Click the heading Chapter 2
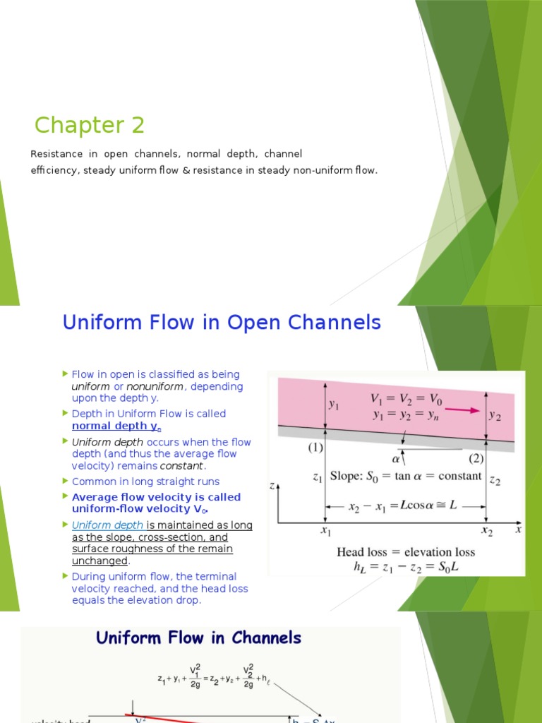tap(90, 125)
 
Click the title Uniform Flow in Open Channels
tap(222, 323)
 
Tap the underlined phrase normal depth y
tap(116, 426)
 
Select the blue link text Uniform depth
tap(107, 525)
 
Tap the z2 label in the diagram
tap(496, 480)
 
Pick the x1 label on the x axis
tap(326, 531)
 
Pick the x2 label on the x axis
tap(487, 531)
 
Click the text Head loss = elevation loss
tap(406, 551)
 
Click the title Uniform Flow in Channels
tap(198, 638)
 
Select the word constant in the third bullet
tap(182, 466)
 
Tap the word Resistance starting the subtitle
tap(54, 153)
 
